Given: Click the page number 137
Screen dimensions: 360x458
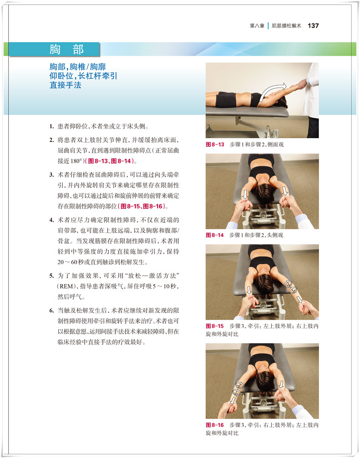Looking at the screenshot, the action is (x=313, y=26).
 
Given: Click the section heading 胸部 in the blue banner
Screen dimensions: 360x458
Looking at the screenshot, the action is (x=67, y=49).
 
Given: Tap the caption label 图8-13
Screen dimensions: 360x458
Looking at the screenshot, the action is (x=215, y=144).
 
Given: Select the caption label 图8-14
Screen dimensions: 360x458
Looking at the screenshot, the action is (x=215, y=235).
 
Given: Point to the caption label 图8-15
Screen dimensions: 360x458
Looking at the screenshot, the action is (x=215, y=326).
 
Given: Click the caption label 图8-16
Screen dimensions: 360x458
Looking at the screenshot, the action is (x=215, y=425).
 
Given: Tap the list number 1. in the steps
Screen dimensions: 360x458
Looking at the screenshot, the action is (x=51, y=126).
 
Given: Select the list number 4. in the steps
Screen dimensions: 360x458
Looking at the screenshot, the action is (x=51, y=220).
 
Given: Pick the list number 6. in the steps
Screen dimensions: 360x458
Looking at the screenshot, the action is (x=51, y=311).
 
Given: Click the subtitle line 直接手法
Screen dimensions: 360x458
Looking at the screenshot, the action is (x=65, y=85).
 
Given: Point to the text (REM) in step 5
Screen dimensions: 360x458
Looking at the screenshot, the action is (x=67, y=286).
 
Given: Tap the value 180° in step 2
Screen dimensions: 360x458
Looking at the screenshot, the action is (x=76, y=161).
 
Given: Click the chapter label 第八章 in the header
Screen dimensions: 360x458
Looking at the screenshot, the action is (x=257, y=26).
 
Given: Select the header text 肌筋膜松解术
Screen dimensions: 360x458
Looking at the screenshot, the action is (x=286, y=26).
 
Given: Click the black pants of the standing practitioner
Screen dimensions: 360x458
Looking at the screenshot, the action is (x=313, y=127).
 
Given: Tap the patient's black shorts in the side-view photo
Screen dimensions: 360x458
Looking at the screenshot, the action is (x=226, y=99).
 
